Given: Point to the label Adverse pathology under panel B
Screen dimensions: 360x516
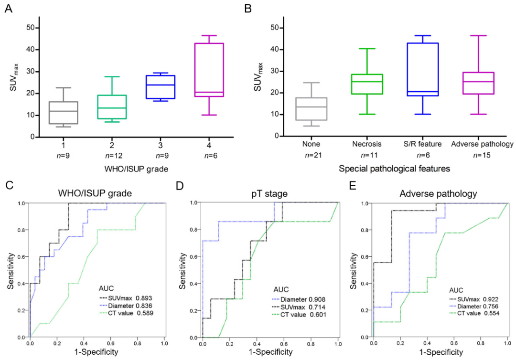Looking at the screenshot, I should [x=483, y=144].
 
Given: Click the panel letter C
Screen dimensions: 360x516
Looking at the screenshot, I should [x=8, y=186].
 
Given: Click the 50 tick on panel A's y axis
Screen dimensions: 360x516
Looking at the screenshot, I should [x=30, y=28].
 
